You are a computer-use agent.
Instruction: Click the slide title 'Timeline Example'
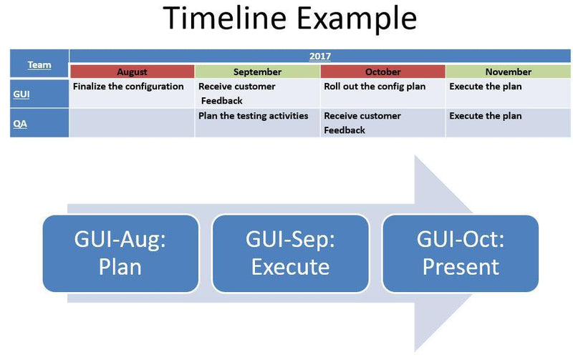(290, 19)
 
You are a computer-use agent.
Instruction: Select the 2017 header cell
(319, 57)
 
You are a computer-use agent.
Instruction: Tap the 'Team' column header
(39, 64)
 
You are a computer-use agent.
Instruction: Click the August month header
(132, 72)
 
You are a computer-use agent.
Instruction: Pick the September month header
(257, 72)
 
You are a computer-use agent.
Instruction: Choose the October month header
(382, 72)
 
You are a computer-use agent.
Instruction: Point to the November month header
(508, 72)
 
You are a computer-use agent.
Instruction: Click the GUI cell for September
(257, 93)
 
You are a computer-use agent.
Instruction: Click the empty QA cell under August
(132, 122)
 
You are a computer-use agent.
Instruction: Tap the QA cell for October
(382, 122)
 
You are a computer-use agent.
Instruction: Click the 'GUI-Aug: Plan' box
(120, 253)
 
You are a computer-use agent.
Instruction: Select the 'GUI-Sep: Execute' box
(290, 253)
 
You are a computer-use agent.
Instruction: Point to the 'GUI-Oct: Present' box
(460, 253)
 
